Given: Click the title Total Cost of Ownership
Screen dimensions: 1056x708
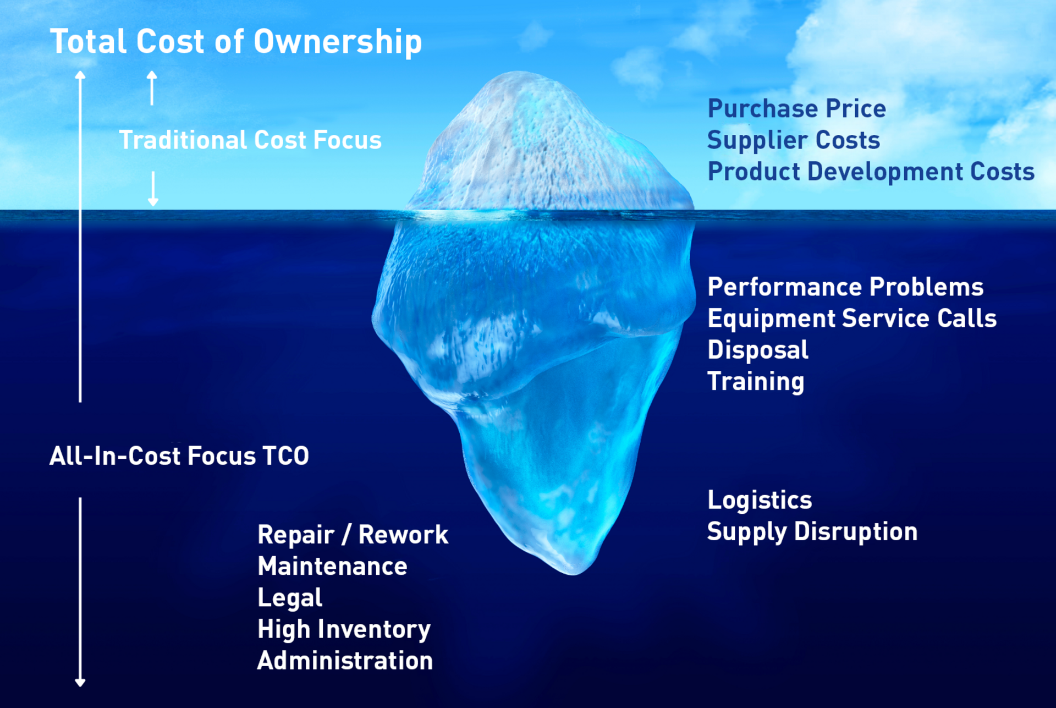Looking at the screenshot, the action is [x=236, y=42].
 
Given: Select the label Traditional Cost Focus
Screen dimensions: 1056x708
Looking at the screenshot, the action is [x=250, y=140].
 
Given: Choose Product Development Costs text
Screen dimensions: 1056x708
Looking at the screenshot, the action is [x=871, y=172].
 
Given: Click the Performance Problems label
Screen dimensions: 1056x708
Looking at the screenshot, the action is [x=845, y=287].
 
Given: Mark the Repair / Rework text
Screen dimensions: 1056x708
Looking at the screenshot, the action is [x=353, y=535].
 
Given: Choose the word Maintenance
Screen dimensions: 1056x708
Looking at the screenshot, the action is [x=332, y=567].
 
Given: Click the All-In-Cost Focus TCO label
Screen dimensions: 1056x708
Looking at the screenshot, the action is [x=179, y=456].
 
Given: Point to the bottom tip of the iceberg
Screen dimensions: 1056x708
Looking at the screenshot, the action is [x=573, y=575].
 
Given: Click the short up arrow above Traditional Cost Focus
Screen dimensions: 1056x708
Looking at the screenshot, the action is [x=152, y=88].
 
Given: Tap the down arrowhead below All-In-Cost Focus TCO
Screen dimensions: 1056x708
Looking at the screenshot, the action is [x=80, y=683].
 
